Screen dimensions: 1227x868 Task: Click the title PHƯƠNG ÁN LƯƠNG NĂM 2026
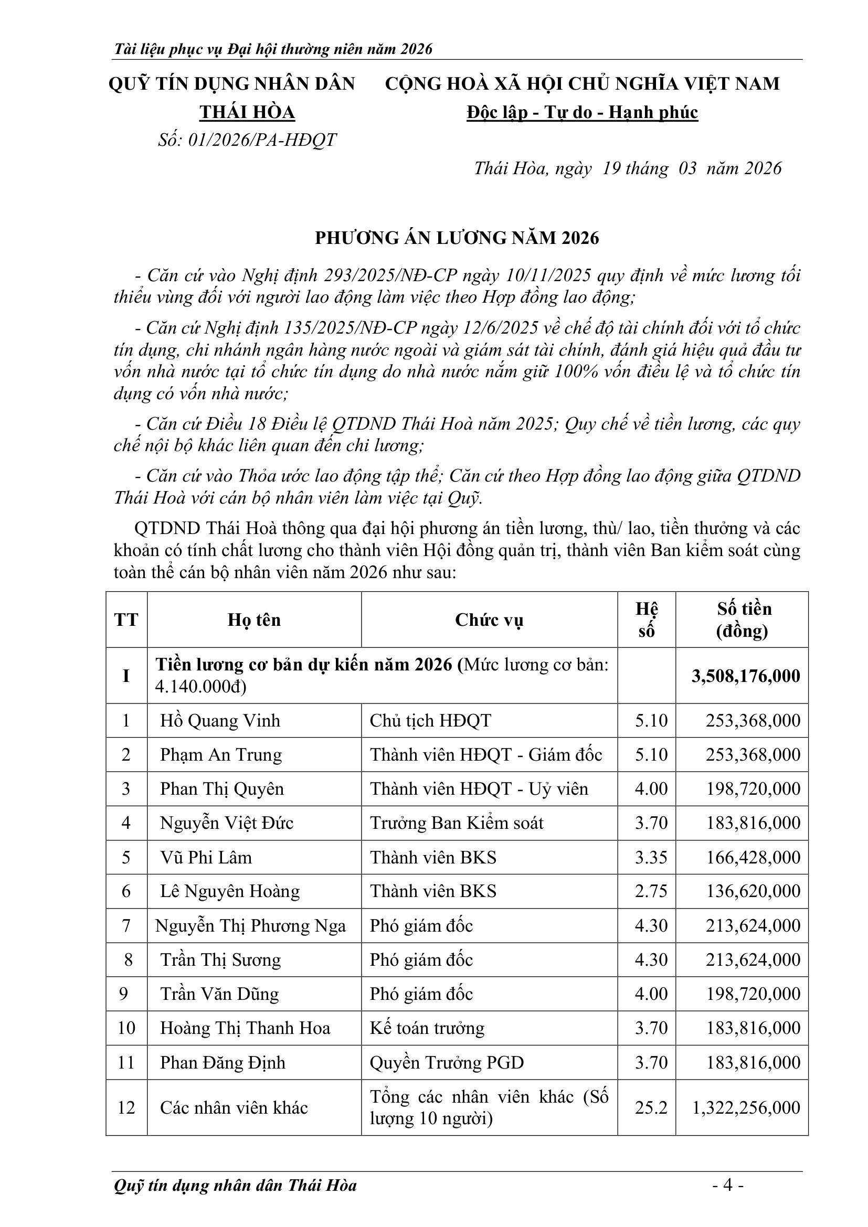point(457,238)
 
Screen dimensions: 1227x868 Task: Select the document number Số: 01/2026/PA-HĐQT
point(247,140)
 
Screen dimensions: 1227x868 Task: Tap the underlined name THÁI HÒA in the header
point(247,112)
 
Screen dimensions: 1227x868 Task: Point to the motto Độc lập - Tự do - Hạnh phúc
point(582,112)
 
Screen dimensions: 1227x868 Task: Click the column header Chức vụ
point(489,620)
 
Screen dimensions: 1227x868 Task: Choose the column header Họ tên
point(254,620)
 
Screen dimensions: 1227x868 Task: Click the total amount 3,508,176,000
point(746,676)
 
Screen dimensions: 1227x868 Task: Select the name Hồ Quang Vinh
point(220,721)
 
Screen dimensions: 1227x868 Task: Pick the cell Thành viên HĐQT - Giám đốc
point(486,754)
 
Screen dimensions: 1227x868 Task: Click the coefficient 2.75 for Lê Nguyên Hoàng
point(651,891)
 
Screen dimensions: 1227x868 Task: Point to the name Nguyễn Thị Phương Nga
point(251,926)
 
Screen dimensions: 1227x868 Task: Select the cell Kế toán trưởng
point(427,1028)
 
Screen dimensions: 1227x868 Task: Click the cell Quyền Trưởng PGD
point(447,1062)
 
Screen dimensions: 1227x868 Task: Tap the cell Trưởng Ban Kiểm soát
point(457,823)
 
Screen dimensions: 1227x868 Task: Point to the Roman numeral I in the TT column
point(126,676)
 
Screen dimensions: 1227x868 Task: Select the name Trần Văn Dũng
point(220,994)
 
